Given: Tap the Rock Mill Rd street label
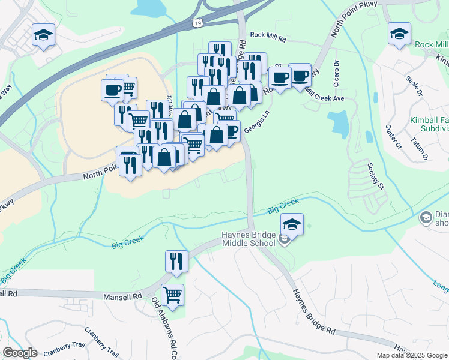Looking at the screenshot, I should click(x=270, y=36).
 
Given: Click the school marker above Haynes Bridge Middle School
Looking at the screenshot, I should click(x=292, y=225).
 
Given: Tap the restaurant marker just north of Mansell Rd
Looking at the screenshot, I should click(x=176, y=261).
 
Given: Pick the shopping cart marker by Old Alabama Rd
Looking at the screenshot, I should click(x=172, y=295).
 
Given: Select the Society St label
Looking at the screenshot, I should click(x=379, y=174).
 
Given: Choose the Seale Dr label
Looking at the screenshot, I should click(x=415, y=85).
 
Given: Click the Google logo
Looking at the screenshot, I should click(x=20, y=353).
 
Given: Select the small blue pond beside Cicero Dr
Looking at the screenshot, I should click(x=339, y=123).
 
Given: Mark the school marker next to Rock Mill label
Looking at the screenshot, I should click(x=399, y=35).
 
